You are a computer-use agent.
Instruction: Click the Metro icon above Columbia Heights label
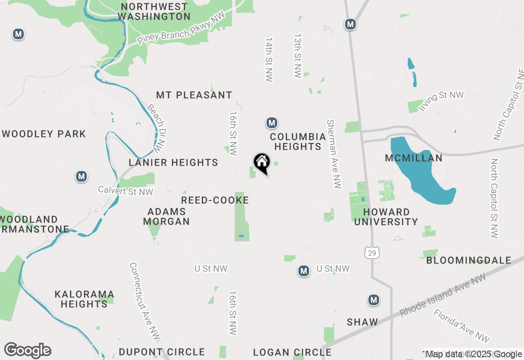coord(272,122)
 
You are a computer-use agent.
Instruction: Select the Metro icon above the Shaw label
coord(373,300)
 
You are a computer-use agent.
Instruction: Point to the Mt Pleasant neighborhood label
coord(194,95)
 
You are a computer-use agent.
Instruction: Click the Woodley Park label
coord(44,134)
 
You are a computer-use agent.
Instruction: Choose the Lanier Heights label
coord(173,162)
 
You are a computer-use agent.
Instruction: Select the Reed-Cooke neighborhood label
coord(215,200)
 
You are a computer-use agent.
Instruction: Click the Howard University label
coord(386,217)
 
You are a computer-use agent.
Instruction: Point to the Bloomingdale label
coord(469,260)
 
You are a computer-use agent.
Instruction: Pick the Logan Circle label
coord(292,352)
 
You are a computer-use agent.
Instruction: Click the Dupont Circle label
coord(162,352)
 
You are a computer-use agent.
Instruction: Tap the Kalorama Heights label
coord(84,299)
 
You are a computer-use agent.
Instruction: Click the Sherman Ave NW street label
coord(334,154)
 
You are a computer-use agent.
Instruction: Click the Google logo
coord(27,350)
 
